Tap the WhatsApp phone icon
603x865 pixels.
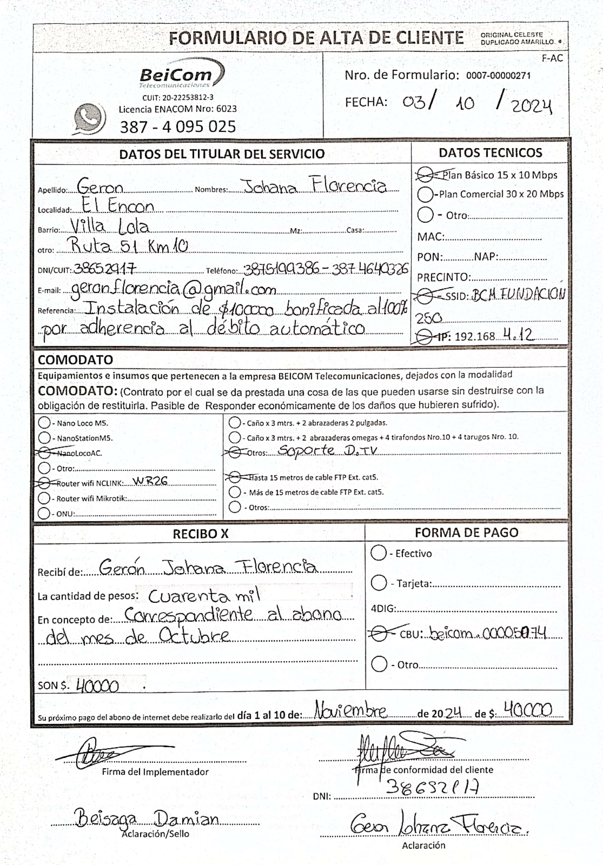click(x=89, y=118)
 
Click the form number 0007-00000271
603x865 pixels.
click(x=498, y=76)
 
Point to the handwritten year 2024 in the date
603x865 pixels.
click(x=531, y=106)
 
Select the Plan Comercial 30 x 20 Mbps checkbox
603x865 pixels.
click(x=425, y=194)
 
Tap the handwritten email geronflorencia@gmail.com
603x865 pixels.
click(x=173, y=289)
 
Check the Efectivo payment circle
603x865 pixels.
click(x=379, y=553)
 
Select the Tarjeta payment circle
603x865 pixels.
click(x=379, y=583)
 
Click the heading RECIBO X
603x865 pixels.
click(x=201, y=534)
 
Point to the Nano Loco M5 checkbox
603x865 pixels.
click(x=44, y=423)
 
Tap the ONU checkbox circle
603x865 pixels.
click(x=44, y=513)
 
